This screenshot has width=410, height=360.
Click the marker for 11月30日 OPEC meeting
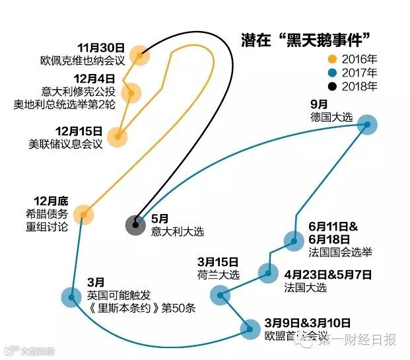coord(139,55)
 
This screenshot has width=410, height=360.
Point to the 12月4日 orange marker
coord(132,92)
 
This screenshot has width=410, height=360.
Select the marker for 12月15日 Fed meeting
coord(119,137)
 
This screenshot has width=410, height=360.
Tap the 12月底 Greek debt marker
coord(83,213)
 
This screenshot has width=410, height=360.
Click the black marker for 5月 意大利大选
coord(136,225)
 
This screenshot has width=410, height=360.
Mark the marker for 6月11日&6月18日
coord(293,240)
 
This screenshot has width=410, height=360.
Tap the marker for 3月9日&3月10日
coord(250,328)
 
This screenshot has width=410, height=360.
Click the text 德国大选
coord(331,117)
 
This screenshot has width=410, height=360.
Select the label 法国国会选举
coord(341,252)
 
